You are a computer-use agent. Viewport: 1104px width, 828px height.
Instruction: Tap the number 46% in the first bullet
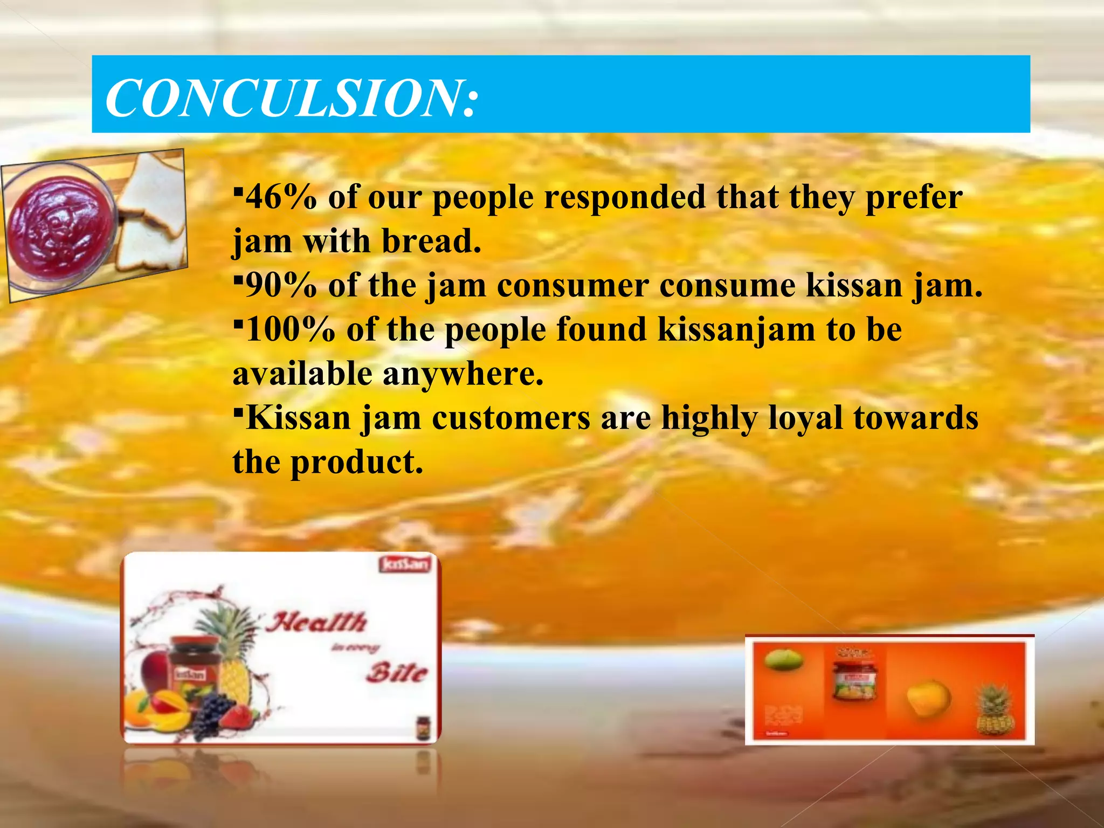point(281,197)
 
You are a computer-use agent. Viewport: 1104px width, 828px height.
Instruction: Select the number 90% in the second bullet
point(281,286)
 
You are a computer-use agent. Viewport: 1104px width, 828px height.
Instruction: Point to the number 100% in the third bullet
point(290,330)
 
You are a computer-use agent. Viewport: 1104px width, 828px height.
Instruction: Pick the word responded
point(624,197)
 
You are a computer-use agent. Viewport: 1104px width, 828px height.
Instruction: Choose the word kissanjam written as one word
point(736,330)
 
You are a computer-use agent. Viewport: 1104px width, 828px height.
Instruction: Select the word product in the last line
point(356,463)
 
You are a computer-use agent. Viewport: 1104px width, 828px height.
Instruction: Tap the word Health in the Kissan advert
point(318,623)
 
